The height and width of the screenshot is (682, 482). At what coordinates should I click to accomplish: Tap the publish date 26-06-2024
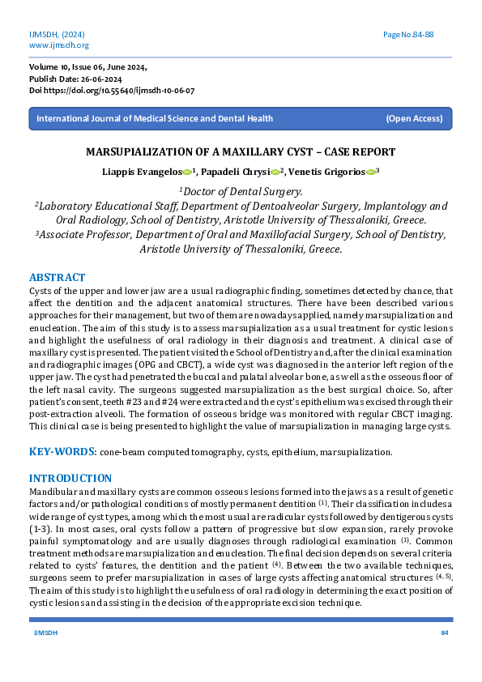[x=101, y=79]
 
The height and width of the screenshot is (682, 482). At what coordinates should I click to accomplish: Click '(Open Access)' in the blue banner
[x=414, y=118]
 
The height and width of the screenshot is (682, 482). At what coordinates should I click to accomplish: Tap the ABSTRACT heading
[x=57, y=276]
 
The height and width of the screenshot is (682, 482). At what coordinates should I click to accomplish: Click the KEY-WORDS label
[x=63, y=451]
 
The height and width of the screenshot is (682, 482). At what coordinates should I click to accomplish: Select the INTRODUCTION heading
[x=70, y=478]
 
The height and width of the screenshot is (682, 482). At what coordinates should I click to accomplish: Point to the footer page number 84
[x=444, y=632]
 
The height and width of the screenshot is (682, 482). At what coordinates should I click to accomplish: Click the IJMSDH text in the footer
[x=44, y=632]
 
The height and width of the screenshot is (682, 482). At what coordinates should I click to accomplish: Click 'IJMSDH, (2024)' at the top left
[x=57, y=35]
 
